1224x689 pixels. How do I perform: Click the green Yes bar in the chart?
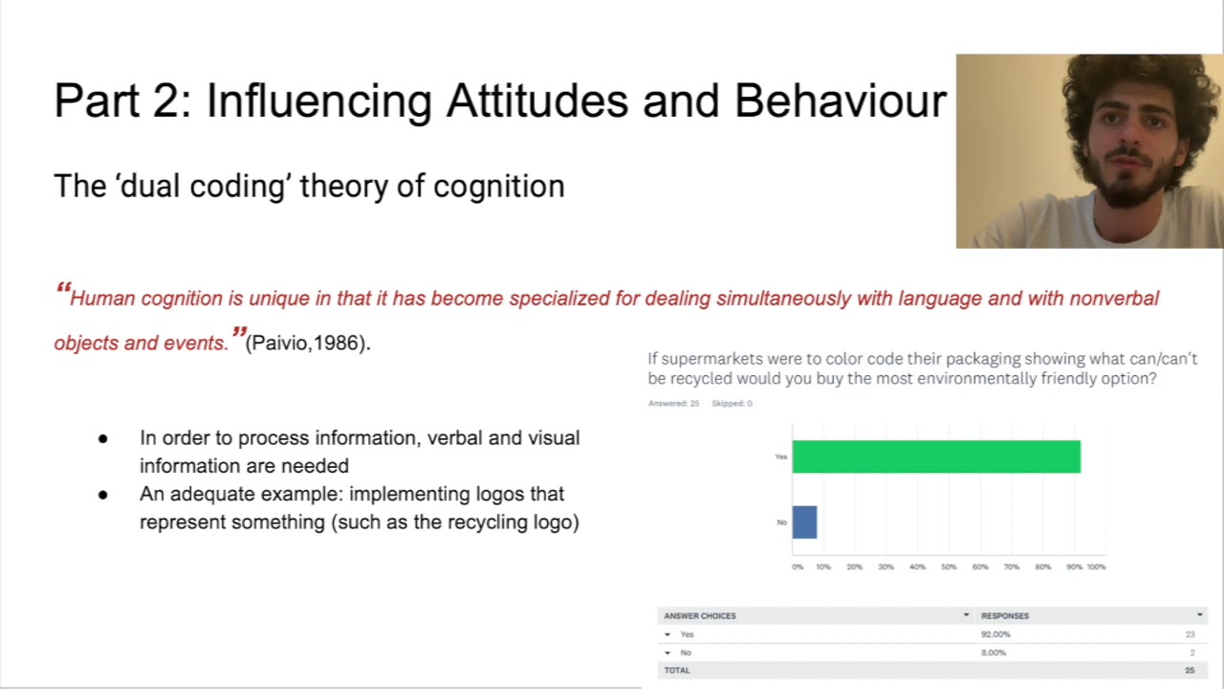pos(935,456)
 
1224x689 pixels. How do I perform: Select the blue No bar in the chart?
pos(804,522)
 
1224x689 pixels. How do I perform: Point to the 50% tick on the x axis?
pos(949,567)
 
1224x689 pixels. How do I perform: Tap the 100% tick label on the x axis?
pos(1096,567)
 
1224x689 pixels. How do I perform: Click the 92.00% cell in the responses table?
pos(995,634)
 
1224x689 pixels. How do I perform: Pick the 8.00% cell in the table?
pos(994,653)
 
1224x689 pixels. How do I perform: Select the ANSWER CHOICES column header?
pos(700,615)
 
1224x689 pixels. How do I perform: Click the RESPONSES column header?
pos(1005,615)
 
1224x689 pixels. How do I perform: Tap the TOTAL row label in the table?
pos(677,670)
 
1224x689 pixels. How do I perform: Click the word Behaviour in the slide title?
pos(840,101)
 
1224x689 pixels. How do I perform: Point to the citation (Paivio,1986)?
pos(308,343)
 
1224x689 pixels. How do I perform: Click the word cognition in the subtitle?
pos(498,186)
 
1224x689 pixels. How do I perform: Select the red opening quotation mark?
pos(63,289)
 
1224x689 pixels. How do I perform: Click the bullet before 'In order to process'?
pos(103,439)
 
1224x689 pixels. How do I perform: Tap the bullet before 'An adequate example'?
pos(103,495)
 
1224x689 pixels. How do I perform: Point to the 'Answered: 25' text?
pos(673,403)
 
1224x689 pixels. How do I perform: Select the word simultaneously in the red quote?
pos(783,299)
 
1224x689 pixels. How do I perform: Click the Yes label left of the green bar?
pos(781,457)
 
